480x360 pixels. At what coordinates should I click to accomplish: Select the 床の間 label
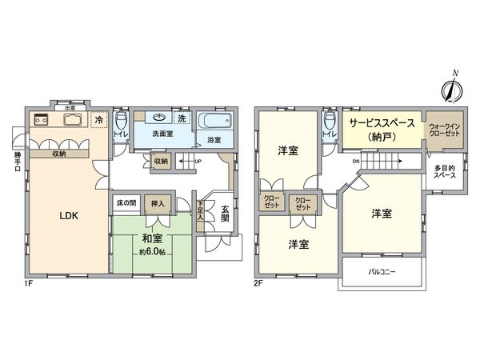click(x=126, y=202)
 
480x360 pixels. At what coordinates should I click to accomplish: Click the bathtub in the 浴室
click(x=214, y=123)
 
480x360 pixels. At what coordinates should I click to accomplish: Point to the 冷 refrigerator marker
click(x=98, y=120)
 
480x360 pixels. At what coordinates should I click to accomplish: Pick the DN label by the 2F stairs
click(x=354, y=160)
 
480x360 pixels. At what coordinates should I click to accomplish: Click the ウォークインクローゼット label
click(x=442, y=131)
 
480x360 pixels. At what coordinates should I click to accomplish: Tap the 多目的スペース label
click(x=444, y=172)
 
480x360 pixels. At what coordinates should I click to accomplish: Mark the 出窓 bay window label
click(x=70, y=107)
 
